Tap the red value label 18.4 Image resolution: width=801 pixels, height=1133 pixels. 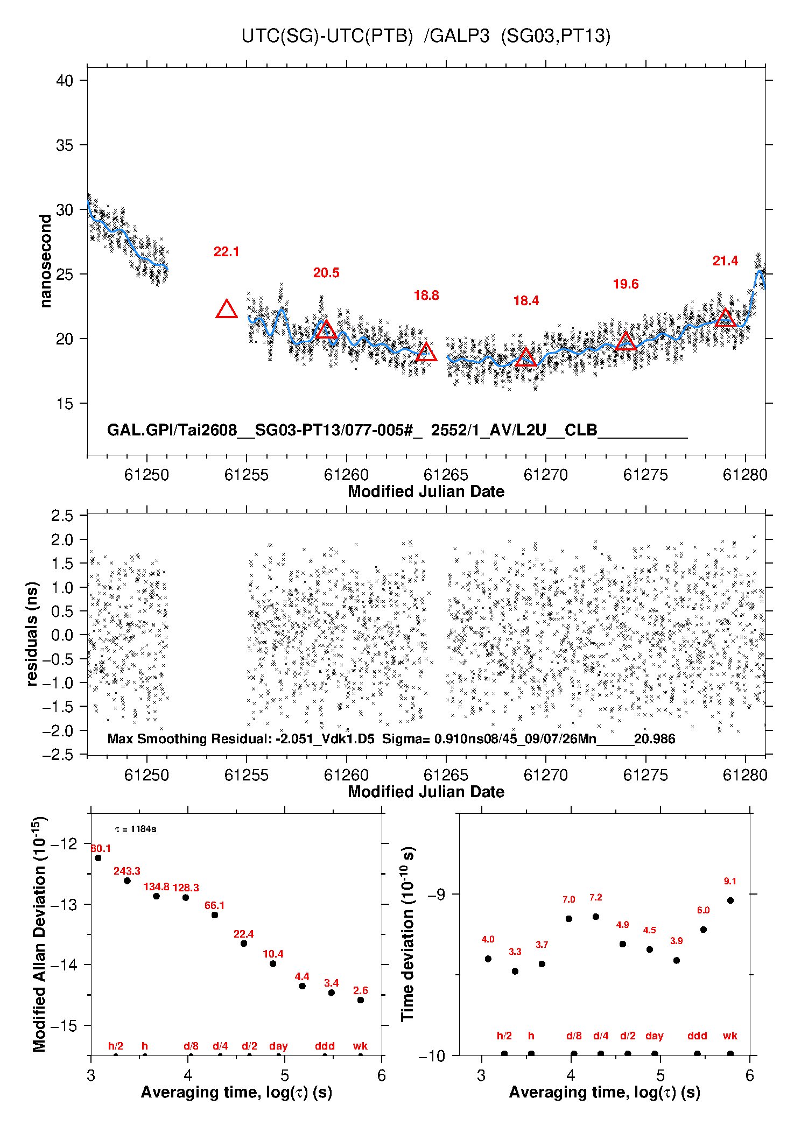[526, 301]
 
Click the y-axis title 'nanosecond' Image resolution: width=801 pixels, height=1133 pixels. [46, 261]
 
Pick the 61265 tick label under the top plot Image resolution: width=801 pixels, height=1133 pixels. [446, 475]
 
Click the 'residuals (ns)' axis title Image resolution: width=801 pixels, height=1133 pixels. [32, 634]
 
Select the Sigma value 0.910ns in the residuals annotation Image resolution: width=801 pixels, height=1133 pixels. [457, 738]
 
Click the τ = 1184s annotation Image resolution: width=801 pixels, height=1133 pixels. [136, 829]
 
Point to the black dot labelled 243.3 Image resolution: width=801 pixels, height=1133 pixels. [127, 881]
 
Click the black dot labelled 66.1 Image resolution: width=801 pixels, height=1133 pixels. [215, 915]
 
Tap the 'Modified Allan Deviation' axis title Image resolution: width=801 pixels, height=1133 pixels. [39, 933]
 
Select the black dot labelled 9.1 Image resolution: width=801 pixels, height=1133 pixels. [730, 900]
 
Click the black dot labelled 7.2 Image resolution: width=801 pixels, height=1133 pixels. [596, 917]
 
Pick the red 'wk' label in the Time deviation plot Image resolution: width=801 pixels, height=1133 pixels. [730, 1036]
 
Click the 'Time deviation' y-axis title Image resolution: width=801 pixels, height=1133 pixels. [408, 933]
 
